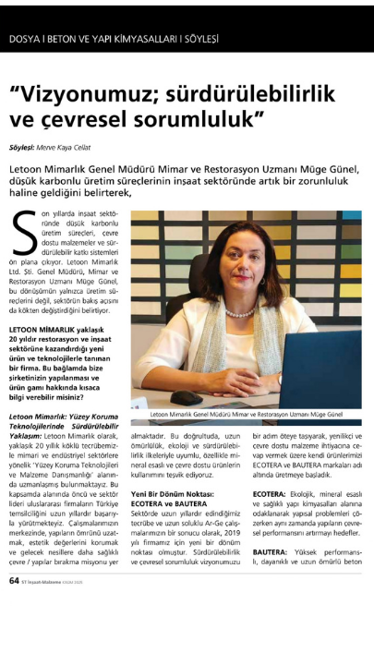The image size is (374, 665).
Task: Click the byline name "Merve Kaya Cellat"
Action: pyautogui.click(x=78, y=147)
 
